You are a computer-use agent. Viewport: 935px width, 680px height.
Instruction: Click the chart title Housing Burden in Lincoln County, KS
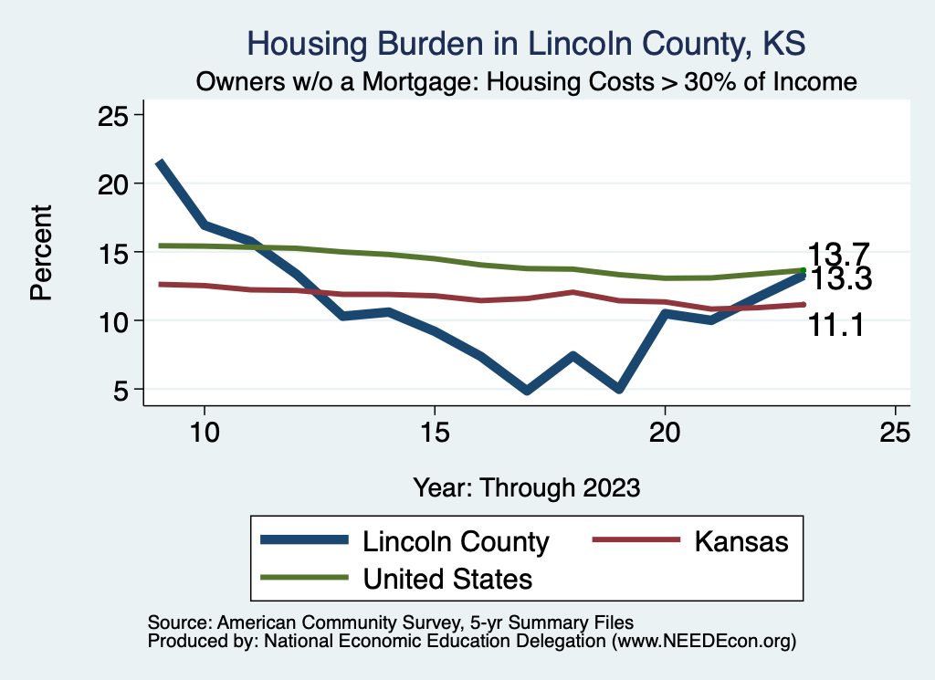pyautogui.click(x=527, y=43)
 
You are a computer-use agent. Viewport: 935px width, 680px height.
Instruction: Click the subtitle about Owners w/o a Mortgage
pyautogui.click(x=527, y=82)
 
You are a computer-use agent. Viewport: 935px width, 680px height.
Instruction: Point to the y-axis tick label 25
pyautogui.click(x=116, y=115)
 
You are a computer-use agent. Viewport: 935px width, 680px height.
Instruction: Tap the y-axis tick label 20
pyautogui.click(x=116, y=183)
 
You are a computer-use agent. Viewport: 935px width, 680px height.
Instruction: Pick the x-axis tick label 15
pyautogui.click(x=435, y=433)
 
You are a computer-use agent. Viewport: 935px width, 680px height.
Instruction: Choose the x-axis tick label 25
pyautogui.click(x=895, y=433)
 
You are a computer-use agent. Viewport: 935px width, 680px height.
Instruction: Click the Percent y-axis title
pyautogui.click(x=41, y=253)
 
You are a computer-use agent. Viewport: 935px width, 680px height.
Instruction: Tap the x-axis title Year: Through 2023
pyautogui.click(x=527, y=486)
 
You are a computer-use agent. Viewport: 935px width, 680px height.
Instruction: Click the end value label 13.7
pyautogui.click(x=836, y=254)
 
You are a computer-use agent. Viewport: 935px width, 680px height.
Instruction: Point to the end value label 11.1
pyautogui.click(x=836, y=323)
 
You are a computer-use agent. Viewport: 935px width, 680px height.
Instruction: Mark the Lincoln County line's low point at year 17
pyautogui.click(x=527, y=390)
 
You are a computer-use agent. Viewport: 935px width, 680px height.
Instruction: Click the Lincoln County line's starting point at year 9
pyautogui.click(x=160, y=162)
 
